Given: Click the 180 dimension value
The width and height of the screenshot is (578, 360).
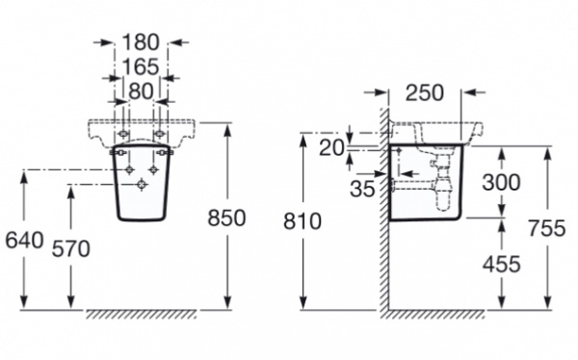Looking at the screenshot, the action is pyautogui.click(x=141, y=42).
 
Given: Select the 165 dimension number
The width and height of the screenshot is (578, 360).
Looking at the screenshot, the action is pyautogui.click(x=141, y=66).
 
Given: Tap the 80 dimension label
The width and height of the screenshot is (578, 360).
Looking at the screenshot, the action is pyautogui.click(x=141, y=91).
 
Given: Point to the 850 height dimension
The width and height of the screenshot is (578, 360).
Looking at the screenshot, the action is pyautogui.click(x=226, y=218).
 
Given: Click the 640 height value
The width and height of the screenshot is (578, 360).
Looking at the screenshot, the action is pyautogui.click(x=24, y=241).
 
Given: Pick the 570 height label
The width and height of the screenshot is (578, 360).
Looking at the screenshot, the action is pyautogui.click(x=70, y=248).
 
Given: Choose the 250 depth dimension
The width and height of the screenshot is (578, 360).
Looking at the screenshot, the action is pyautogui.click(x=424, y=92).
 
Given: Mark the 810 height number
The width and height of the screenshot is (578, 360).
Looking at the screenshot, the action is pyautogui.click(x=302, y=221).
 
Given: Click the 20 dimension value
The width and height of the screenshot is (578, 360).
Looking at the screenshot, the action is pyautogui.click(x=331, y=148).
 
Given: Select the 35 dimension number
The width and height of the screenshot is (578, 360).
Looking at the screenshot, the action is pyautogui.click(x=362, y=189).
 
